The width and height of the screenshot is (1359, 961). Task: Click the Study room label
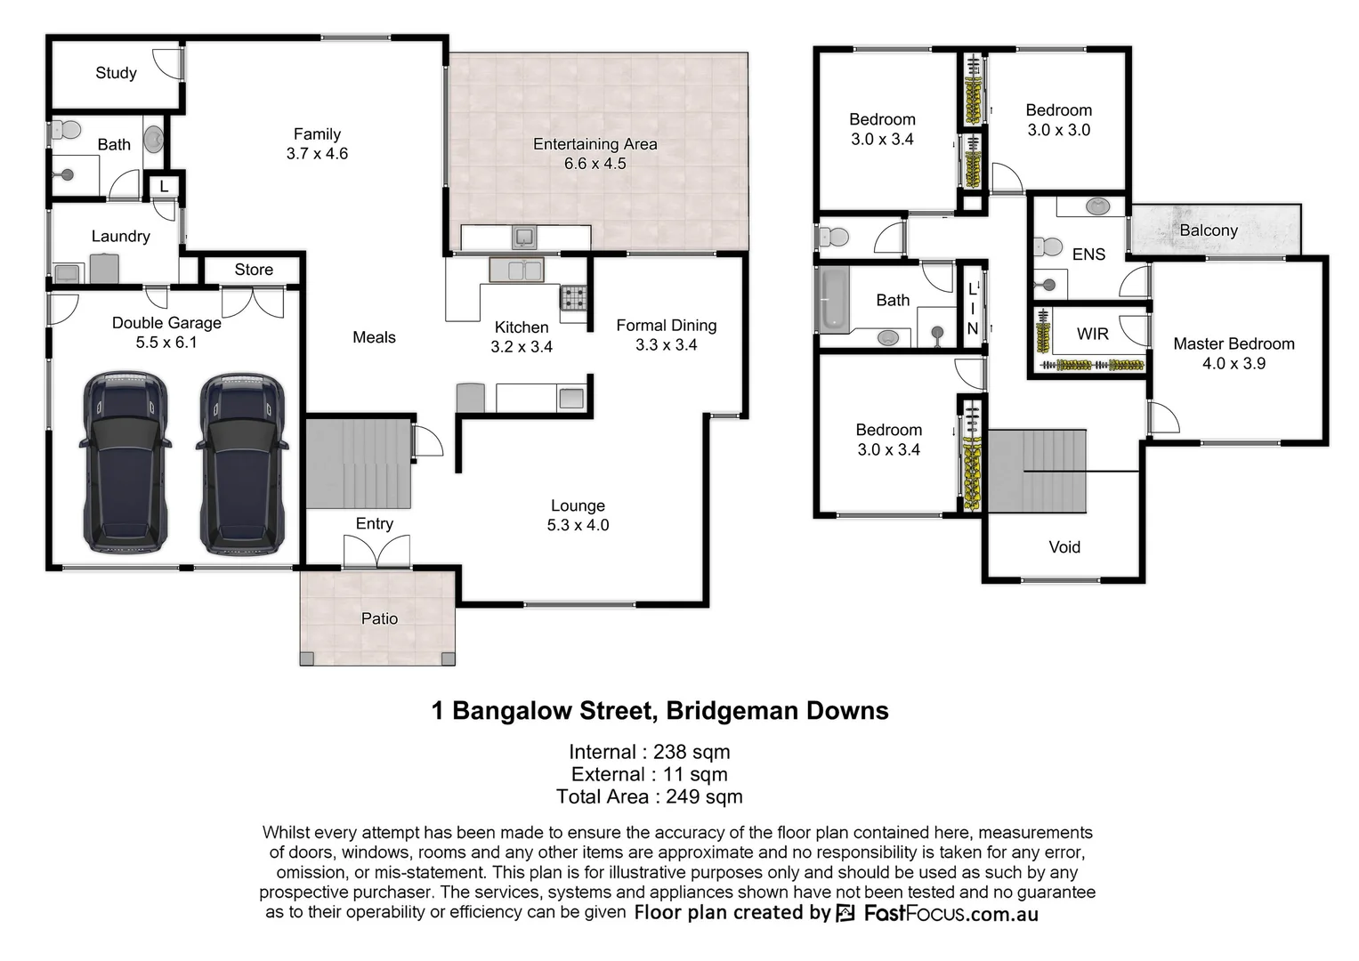coord(116,73)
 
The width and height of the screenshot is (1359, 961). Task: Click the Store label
coord(254,270)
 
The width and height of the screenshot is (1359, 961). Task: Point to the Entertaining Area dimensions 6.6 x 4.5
coord(595,164)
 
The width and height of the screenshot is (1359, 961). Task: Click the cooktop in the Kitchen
coord(573,296)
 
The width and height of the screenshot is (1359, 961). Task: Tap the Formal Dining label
coord(666,326)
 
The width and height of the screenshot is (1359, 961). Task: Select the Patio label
coord(379,618)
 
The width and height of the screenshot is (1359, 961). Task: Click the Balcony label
coord(1209,230)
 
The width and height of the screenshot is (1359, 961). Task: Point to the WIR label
coord(1092,334)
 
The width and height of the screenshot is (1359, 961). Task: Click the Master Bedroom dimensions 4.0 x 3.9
coord(1234,363)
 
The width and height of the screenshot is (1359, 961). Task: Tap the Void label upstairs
coord(1064,547)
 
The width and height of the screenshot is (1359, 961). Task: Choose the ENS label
coord(1088,254)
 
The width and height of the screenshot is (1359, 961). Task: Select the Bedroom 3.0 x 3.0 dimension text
coord(1058,130)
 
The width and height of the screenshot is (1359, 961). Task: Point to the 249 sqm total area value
coord(704,796)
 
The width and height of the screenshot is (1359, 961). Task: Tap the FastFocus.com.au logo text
coord(950,913)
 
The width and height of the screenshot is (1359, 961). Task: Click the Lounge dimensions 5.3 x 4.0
coord(578,525)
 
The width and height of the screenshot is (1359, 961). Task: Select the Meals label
coord(374,337)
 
